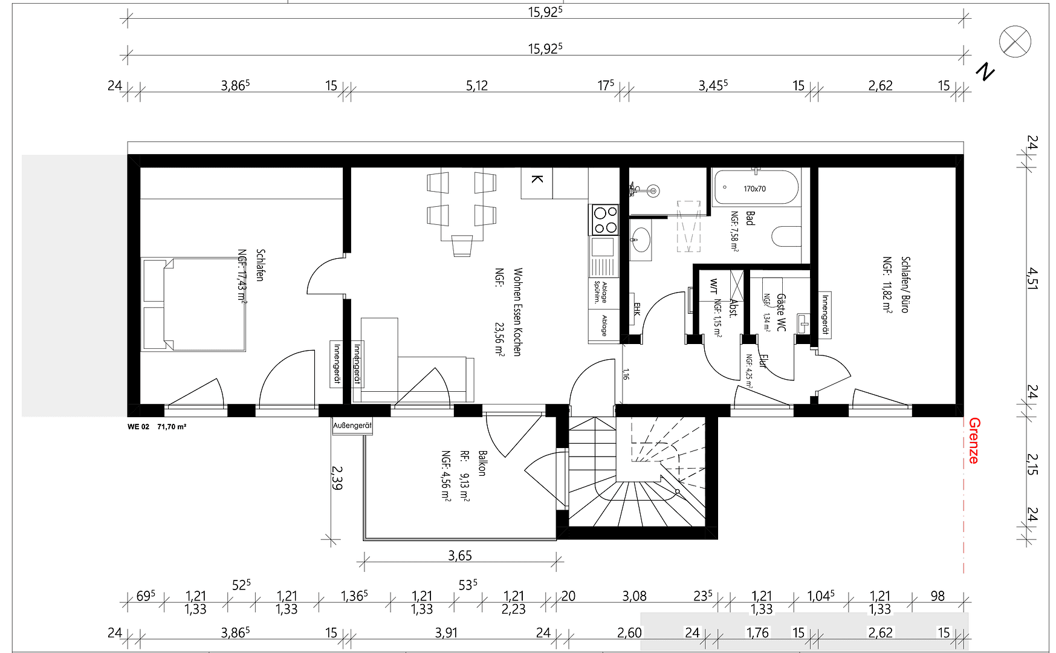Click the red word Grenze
pos(973,441)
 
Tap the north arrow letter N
pos(985,72)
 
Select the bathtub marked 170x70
pos(756,188)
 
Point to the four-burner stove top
pos(604,219)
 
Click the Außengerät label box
pos(352,426)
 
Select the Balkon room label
pos(482,463)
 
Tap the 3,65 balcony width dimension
pos(460,555)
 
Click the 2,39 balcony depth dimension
pos(337,477)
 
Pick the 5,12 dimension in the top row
pos(476,86)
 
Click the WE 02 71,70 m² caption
pos(157,427)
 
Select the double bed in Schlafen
pos(193,304)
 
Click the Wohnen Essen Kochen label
pos(517,312)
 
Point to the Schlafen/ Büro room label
pos(905,284)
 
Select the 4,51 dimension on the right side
pos(1032,279)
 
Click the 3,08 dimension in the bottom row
pos(634,596)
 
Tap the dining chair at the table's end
pos(462,245)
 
